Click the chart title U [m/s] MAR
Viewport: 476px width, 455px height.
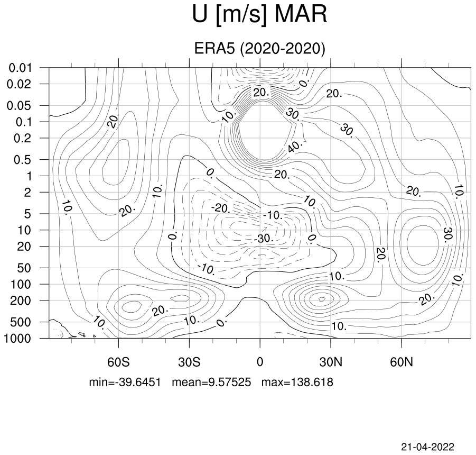(259, 15)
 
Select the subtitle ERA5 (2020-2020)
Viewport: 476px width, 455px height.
(259, 48)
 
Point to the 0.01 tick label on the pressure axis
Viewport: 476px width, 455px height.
(20, 68)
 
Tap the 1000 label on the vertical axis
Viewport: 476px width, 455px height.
(17, 338)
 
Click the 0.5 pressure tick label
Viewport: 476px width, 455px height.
(23, 160)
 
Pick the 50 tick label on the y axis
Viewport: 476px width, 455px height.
(24, 268)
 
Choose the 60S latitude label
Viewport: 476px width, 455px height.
(118, 362)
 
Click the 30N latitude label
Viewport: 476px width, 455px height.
(331, 362)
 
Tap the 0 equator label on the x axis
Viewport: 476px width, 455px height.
(260, 362)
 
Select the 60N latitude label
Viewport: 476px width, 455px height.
(402, 362)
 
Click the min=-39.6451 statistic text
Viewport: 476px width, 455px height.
(125, 382)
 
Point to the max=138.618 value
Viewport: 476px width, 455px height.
(297, 382)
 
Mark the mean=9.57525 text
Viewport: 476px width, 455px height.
(211, 382)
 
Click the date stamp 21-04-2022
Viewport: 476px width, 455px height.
(428, 447)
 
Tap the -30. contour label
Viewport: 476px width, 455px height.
(264, 238)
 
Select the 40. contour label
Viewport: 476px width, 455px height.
(295, 147)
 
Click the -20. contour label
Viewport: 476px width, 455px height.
(221, 208)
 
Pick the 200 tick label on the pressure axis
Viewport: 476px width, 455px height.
(21, 301)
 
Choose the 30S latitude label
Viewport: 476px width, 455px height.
(189, 362)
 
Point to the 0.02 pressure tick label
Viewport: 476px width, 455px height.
(19, 84)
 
